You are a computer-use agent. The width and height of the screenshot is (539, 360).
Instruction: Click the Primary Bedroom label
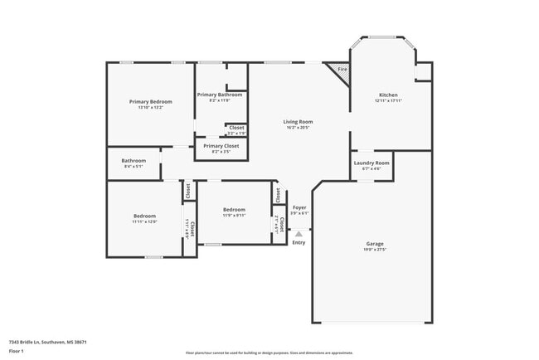(x=150, y=101)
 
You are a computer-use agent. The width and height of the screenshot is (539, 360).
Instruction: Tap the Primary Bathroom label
(x=220, y=95)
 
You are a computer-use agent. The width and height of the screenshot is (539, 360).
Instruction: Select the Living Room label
(x=299, y=122)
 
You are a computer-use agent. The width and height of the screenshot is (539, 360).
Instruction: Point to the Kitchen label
(x=388, y=95)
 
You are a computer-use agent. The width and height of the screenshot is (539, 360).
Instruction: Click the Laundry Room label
(x=371, y=163)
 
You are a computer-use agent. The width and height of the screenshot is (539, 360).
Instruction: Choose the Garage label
(x=375, y=244)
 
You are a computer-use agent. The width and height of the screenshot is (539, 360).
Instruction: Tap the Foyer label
(x=299, y=207)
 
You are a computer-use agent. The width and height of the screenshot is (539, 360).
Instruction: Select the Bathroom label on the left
(x=134, y=161)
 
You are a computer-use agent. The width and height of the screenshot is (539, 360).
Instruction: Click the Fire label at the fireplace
(x=342, y=69)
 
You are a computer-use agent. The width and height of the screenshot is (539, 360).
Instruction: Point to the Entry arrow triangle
(x=299, y=234)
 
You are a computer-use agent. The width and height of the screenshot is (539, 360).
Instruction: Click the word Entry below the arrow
(x=299, y=242)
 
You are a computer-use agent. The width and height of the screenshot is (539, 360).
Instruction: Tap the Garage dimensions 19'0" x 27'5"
(x=375, y=250)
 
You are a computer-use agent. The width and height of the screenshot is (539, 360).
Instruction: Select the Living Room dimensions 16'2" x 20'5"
(x=299, y=128)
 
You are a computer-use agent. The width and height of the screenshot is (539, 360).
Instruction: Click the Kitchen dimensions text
(x=388, y=100)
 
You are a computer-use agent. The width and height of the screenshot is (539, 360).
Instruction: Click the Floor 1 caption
(x=17, y=352)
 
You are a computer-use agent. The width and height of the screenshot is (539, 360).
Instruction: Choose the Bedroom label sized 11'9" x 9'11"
(x=234, y=210)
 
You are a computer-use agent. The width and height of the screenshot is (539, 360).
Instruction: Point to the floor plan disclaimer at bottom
(x=269, y=353)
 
